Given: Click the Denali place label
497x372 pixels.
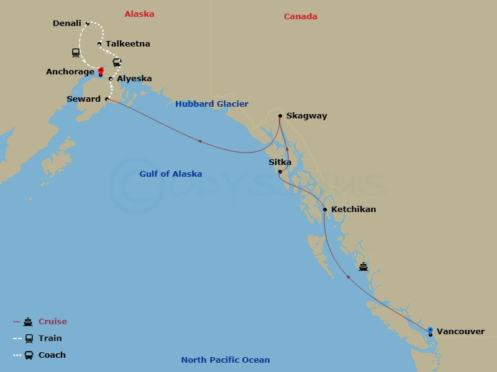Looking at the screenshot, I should (x=67, y=24).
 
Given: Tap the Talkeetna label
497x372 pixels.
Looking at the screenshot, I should (x=127, y=44).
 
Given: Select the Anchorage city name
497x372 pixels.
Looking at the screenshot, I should (x=70, y=72).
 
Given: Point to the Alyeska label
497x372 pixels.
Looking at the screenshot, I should (x=134, y=79).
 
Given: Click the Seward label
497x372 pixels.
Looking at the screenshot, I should (x=83, y=99).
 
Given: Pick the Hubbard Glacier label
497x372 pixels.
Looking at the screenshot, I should (x=211, y=104).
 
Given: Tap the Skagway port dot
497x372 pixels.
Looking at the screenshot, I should (x=280, y=116).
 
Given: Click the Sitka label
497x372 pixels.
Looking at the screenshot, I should (x=280, y=162).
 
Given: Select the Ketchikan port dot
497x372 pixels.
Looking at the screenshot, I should (x=325, y=210).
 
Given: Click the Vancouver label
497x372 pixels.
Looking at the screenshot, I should (x=460, y=332).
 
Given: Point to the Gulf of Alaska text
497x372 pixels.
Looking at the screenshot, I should (x=170, y=174).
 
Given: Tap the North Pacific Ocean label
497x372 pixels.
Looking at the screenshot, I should (x=226, y=360).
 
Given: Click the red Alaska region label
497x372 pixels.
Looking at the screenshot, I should (x=139, y=14).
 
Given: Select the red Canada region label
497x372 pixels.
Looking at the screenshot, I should (x=301, y=17).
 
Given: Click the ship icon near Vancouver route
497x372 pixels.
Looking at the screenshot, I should (x=363, y=267).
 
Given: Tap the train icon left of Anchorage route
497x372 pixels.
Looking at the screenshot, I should (x=76, y=53).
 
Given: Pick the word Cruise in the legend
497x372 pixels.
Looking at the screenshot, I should (x=53, y=322).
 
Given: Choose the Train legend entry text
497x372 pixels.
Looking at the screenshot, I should (x=50, y=339).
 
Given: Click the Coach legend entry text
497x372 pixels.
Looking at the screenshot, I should (x=52, y=355).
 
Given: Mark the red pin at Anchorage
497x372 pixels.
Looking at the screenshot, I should (x=100, y=71).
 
